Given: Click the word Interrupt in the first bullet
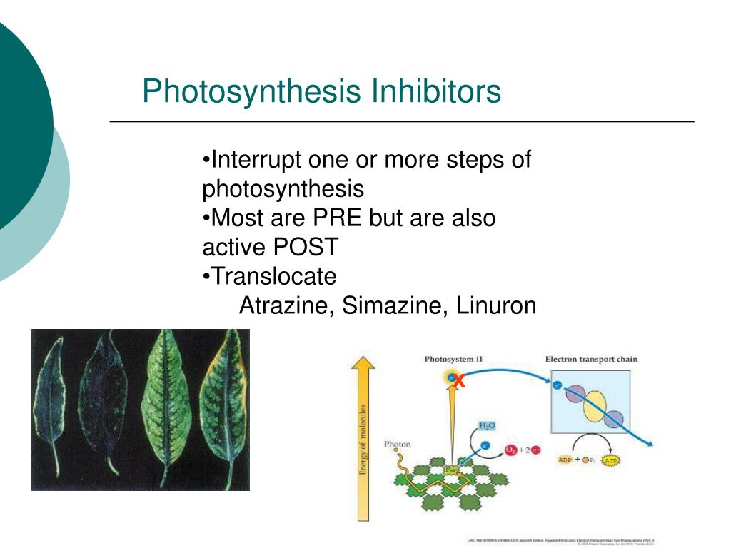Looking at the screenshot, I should [254, 160].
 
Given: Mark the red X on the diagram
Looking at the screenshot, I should [460, 382].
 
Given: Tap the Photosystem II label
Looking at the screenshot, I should [453, 359].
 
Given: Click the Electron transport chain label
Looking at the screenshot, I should [591, 359].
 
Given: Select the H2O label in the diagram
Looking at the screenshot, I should [488, 426].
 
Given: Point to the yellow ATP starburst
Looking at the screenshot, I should [610, 460].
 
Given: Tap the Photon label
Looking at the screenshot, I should [398, 444].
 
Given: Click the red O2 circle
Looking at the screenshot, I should [511, 450].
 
